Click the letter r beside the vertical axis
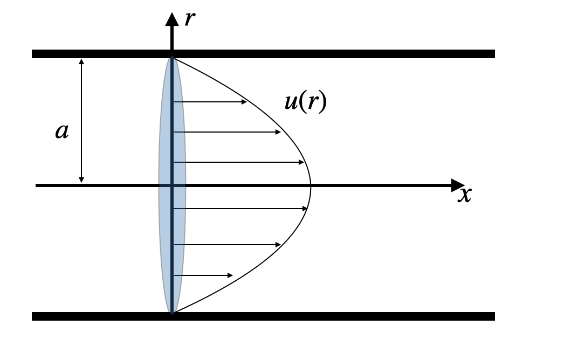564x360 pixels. pos(189,19)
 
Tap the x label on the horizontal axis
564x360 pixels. pos(464,195)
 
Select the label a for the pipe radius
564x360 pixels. pos(63,131)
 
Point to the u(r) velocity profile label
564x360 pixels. pos(306,102)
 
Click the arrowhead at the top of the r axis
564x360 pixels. pos(172,18)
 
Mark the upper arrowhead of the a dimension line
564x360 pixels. pos(81,61)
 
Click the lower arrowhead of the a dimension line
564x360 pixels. pos(81,179)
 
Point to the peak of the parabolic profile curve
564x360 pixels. pos(311,185)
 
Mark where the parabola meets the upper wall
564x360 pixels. pos(173,58)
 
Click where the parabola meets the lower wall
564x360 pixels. pos(173,313)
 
